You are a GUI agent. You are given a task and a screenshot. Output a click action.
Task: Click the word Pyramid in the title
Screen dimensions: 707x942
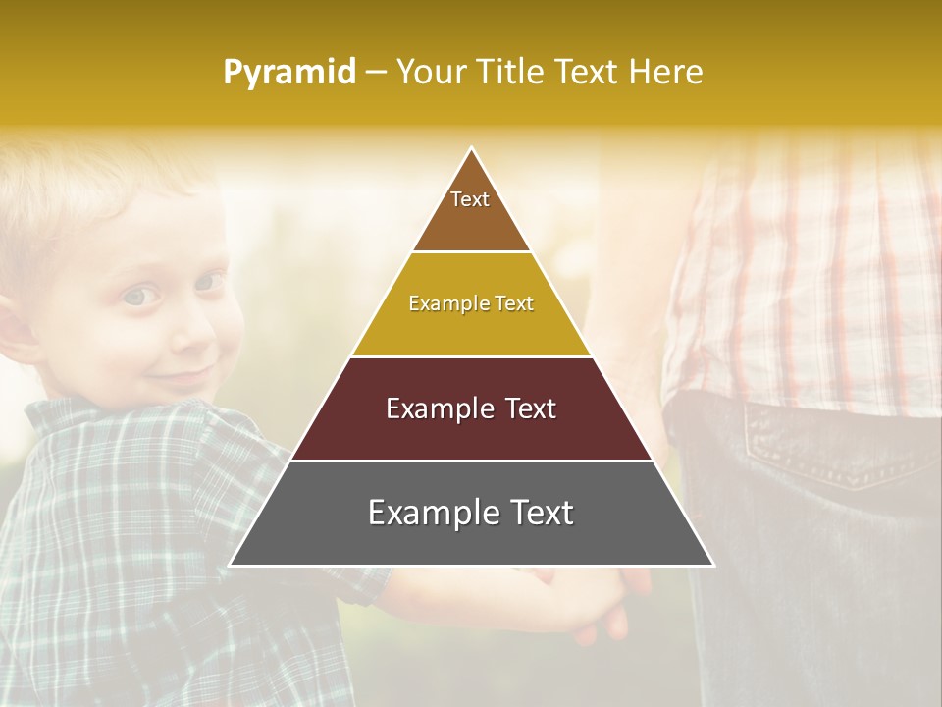click(x=289, y=72)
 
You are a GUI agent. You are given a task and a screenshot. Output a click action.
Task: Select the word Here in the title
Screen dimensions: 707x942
click(x=665, y=72)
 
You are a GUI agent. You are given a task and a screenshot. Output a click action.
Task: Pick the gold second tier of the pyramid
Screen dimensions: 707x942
click(x=471, y=329)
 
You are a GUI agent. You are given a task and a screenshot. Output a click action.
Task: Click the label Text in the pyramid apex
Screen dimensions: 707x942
click(x=470, y=199)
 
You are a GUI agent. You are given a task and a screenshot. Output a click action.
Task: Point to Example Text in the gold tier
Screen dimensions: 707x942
click(x=471, y=303)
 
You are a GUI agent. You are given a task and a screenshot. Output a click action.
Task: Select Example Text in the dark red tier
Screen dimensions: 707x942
click(x=471, y=408)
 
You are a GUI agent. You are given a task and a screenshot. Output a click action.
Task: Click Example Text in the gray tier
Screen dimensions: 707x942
click(x=471, y=513)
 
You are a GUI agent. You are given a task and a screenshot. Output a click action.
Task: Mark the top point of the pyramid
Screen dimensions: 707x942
click(x=472, y=149)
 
